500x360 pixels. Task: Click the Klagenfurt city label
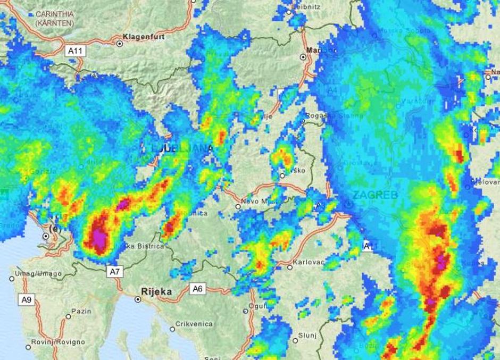pyautogui.click(x=144, y=37)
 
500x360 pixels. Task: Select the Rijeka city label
pyautogui.click(x=156, y=291)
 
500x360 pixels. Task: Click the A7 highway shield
pyautogui.click(x=115, y=272)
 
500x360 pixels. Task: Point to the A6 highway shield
pyautogui.click(x=197, y=289)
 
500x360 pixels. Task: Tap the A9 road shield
pyautogui.click(x=27, y=300)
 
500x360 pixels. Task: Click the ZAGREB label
pyautogui.click(x=376, y=195)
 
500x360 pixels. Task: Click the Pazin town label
pyautogui.click(x=81, y=311)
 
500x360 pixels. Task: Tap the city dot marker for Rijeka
pyautogui.click(x=138, y=299)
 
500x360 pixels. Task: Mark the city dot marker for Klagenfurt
pyautogui.click(x=120, y=44)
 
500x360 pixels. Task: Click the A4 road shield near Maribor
pyautogui.click(x=332, y=90)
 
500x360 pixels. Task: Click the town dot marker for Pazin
pyautogui.click(x=69, y=316)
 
